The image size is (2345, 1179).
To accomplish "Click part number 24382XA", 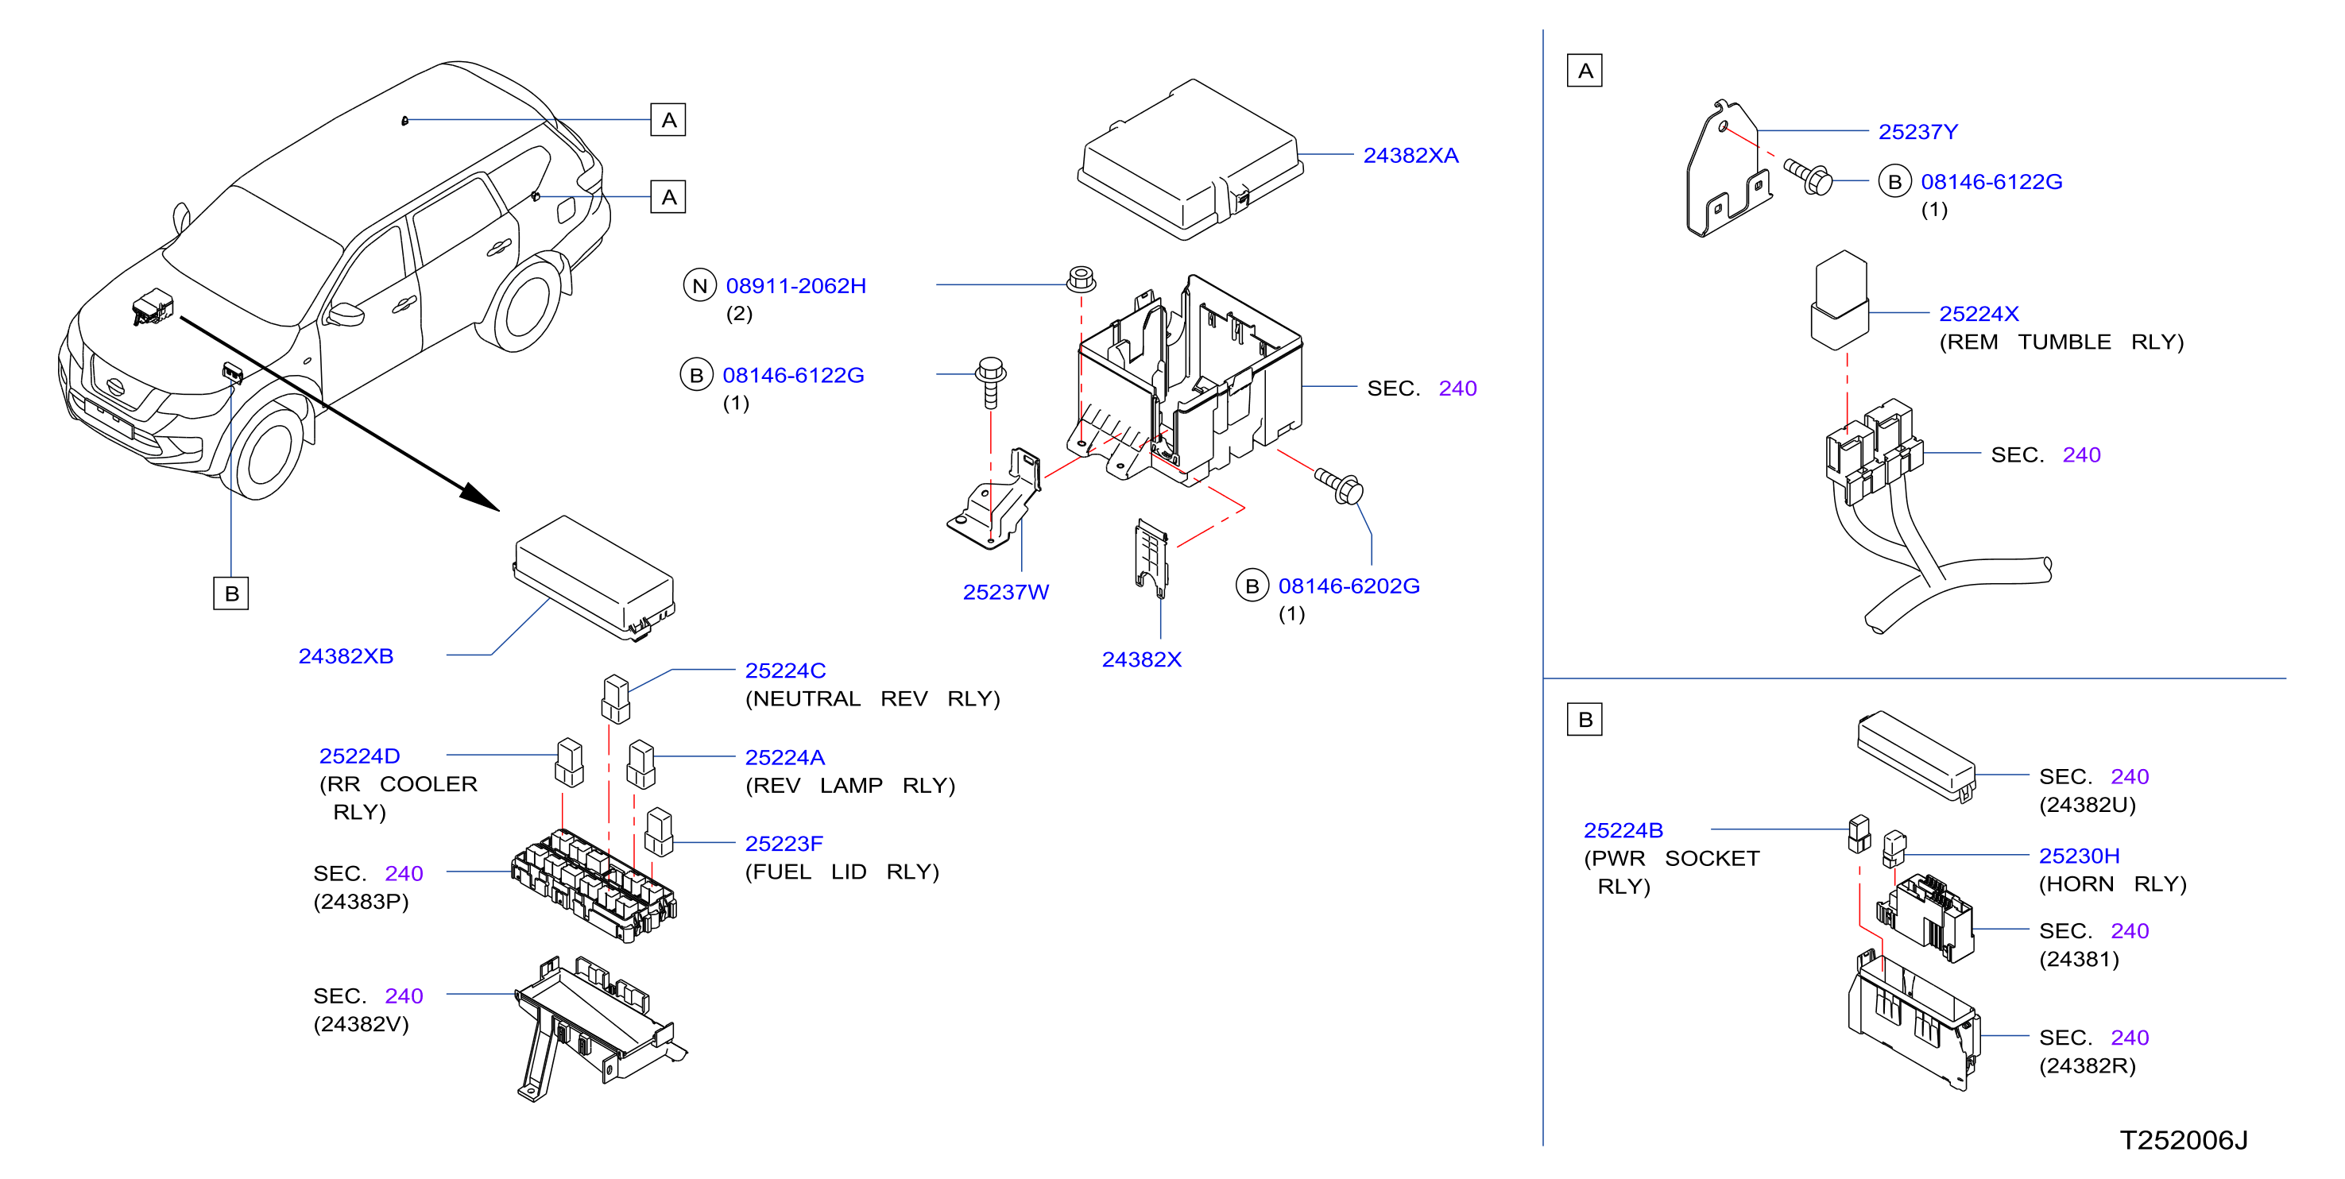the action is click(1410, 156).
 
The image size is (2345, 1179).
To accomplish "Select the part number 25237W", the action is click(1006, 593).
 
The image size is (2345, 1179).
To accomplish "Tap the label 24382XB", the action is click(346, 656).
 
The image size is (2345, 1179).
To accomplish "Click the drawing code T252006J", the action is click(2184, 1141).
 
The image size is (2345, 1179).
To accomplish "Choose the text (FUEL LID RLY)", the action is click(842, 872).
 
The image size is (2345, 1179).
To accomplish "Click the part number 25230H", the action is click(2079, 856).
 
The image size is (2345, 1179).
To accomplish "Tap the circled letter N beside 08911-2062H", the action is click(700, 286).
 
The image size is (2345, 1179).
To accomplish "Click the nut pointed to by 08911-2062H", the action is click(1081, 279).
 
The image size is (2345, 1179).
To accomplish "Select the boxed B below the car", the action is click(231, 593).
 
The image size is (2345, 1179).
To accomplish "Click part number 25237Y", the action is click(1918, 132).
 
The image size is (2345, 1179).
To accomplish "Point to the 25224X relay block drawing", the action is click(1840, 300).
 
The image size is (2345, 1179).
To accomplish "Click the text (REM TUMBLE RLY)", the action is click(2061, 342).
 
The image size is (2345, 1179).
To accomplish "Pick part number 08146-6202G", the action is click(1349, 586).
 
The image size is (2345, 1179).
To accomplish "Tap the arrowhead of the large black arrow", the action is click(481, 497).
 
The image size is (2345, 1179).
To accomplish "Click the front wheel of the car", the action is click(266, 450).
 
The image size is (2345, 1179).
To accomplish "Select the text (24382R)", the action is click(2088, 1066).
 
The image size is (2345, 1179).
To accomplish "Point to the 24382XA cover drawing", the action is click(1190, 160).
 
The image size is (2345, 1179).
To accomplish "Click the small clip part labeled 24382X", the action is click(1151, 558).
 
